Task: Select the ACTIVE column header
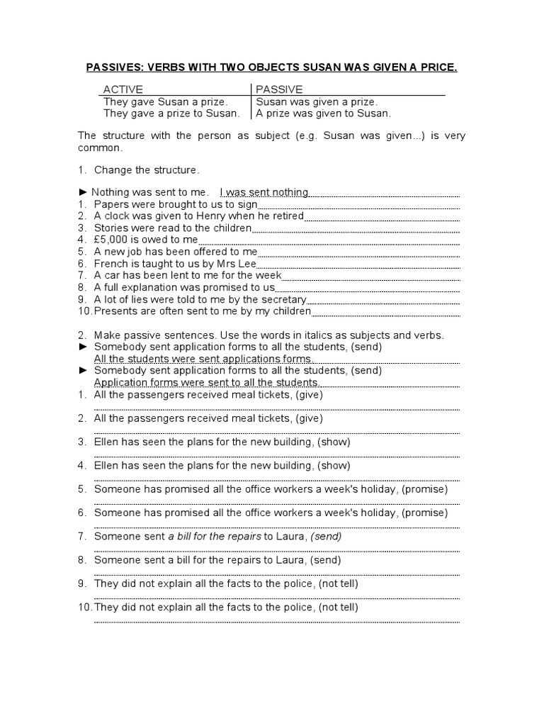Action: coord(123,89)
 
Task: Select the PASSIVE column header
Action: coord(279,89)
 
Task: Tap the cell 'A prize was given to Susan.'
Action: coord(323,113)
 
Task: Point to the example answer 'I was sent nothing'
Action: coord(264,192)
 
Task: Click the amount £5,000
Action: coord(114,240)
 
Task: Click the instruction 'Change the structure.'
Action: coord(147,170)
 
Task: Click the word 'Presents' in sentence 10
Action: coord(115,311)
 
